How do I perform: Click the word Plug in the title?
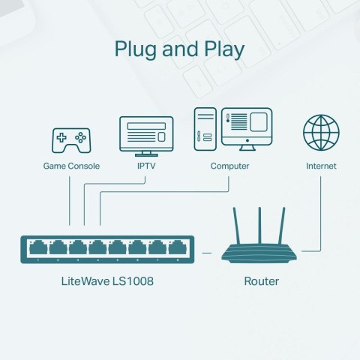pyautogui.click(x=136, y=49)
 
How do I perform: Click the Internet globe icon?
pyautogui.click(x=321, y=132)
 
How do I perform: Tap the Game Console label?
pyautogui.click(x=70, y=166)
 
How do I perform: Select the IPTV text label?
pyautogui.click(x=146, y=166)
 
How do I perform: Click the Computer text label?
pyautogui.click(x=229, y=166)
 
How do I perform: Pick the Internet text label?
pyautogui.click(x=321, y=166)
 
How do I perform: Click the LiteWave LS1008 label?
pyautogui.click(x=108, y=282)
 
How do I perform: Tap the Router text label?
pyautogui.click(x=262, y=282)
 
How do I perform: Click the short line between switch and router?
pyautogui.click(x=207, y=252)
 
